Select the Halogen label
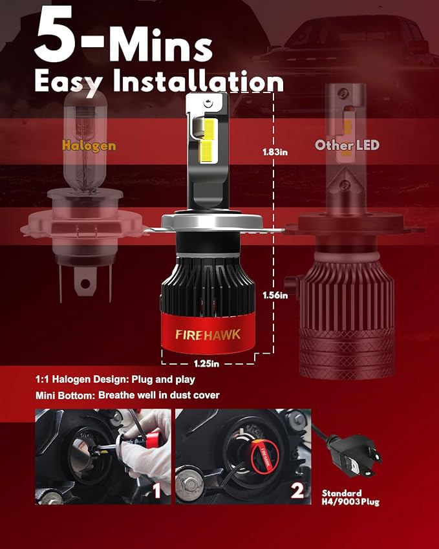click(89, 145)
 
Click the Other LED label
click(347, 145)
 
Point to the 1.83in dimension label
click(275, 152)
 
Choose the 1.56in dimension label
click(275, 296)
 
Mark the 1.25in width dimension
click(206, 364)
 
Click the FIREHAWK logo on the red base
click(208, 335)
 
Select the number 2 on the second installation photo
click(297, 490)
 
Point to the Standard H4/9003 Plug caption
click(350, 497)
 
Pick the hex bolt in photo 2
click(191, 485)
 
